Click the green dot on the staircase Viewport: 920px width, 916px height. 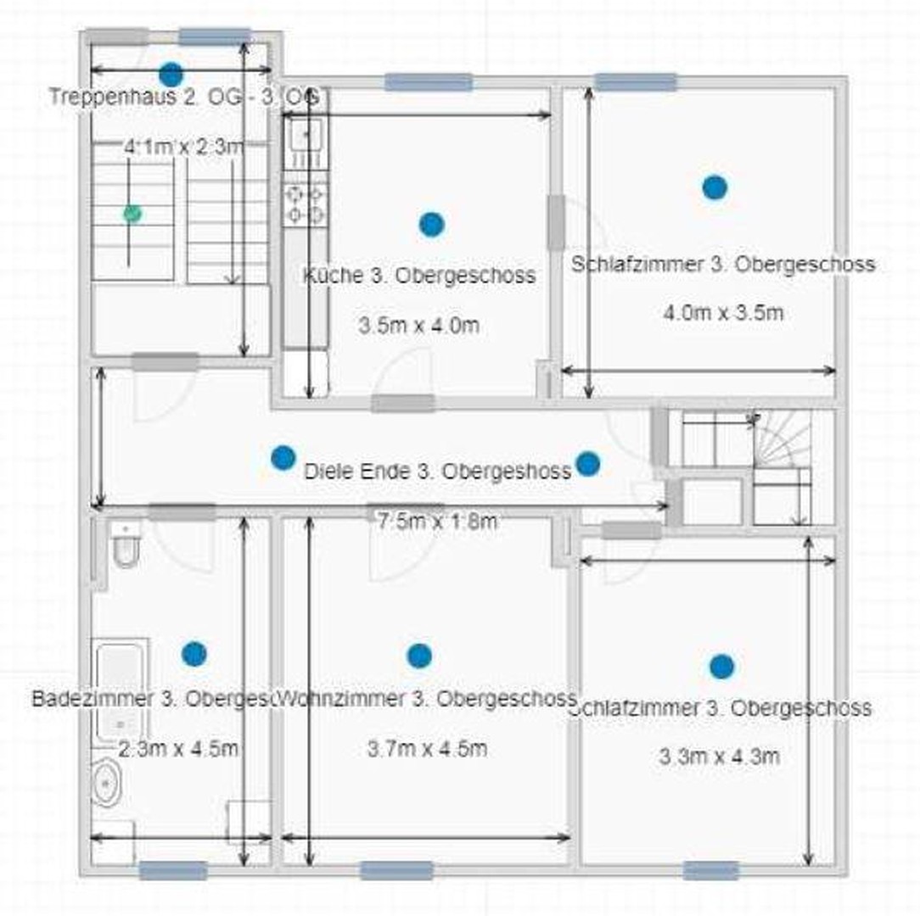tap(132, 213)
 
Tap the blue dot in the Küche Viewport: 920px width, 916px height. tap(431, 224)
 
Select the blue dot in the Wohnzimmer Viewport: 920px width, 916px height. tap(419, 656)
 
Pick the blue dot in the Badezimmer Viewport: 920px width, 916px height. tap(194, 653)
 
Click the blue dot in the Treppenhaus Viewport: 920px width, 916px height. tap(171, 74)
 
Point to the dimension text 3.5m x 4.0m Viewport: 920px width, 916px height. tap(418, 325)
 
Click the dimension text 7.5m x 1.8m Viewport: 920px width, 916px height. tap(436, 522)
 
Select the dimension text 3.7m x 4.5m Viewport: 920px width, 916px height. tap(427, 749)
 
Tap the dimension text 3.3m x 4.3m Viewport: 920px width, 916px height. tap(720, 757)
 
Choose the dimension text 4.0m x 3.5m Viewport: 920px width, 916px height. tap(723, 312)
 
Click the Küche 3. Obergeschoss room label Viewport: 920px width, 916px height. tap(419, 276)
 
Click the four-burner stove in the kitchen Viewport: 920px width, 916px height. tap(305, 204)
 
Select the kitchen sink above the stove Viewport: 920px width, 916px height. tap(305, 135)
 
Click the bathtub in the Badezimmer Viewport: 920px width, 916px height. tap(120, 691)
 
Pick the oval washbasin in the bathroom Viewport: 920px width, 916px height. tap(106, 784)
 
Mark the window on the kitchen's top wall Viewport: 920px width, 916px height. tap(429, 82)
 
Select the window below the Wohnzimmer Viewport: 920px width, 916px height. tap(396, 870)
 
